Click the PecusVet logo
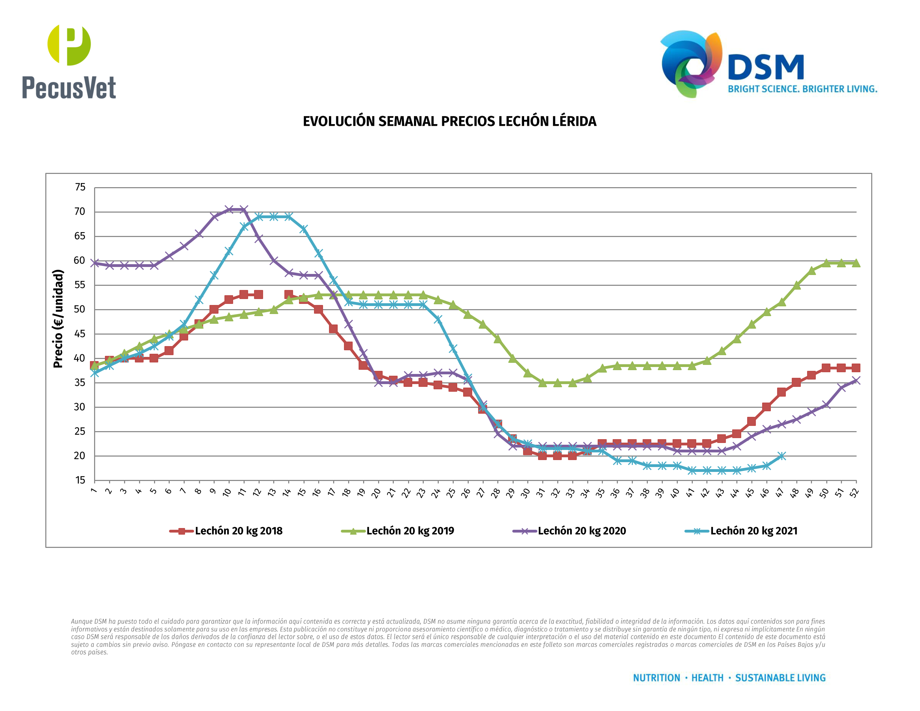pos(69,62)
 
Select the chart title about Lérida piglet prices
pos(450,121)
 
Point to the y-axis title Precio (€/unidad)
pos(58,319)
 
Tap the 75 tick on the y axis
pos(80,187)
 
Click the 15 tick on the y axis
pos(80,480)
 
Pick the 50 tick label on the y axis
pos(80,309)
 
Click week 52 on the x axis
pos(854,493)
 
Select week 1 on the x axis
pos(93,491)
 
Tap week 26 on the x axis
pos(466,493)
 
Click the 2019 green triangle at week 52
pos(856,263)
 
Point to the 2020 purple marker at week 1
pos(95,263)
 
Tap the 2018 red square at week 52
pos(856,368)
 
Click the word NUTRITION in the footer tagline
pos(656,678)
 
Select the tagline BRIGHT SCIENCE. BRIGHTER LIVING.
pos(803,89)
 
